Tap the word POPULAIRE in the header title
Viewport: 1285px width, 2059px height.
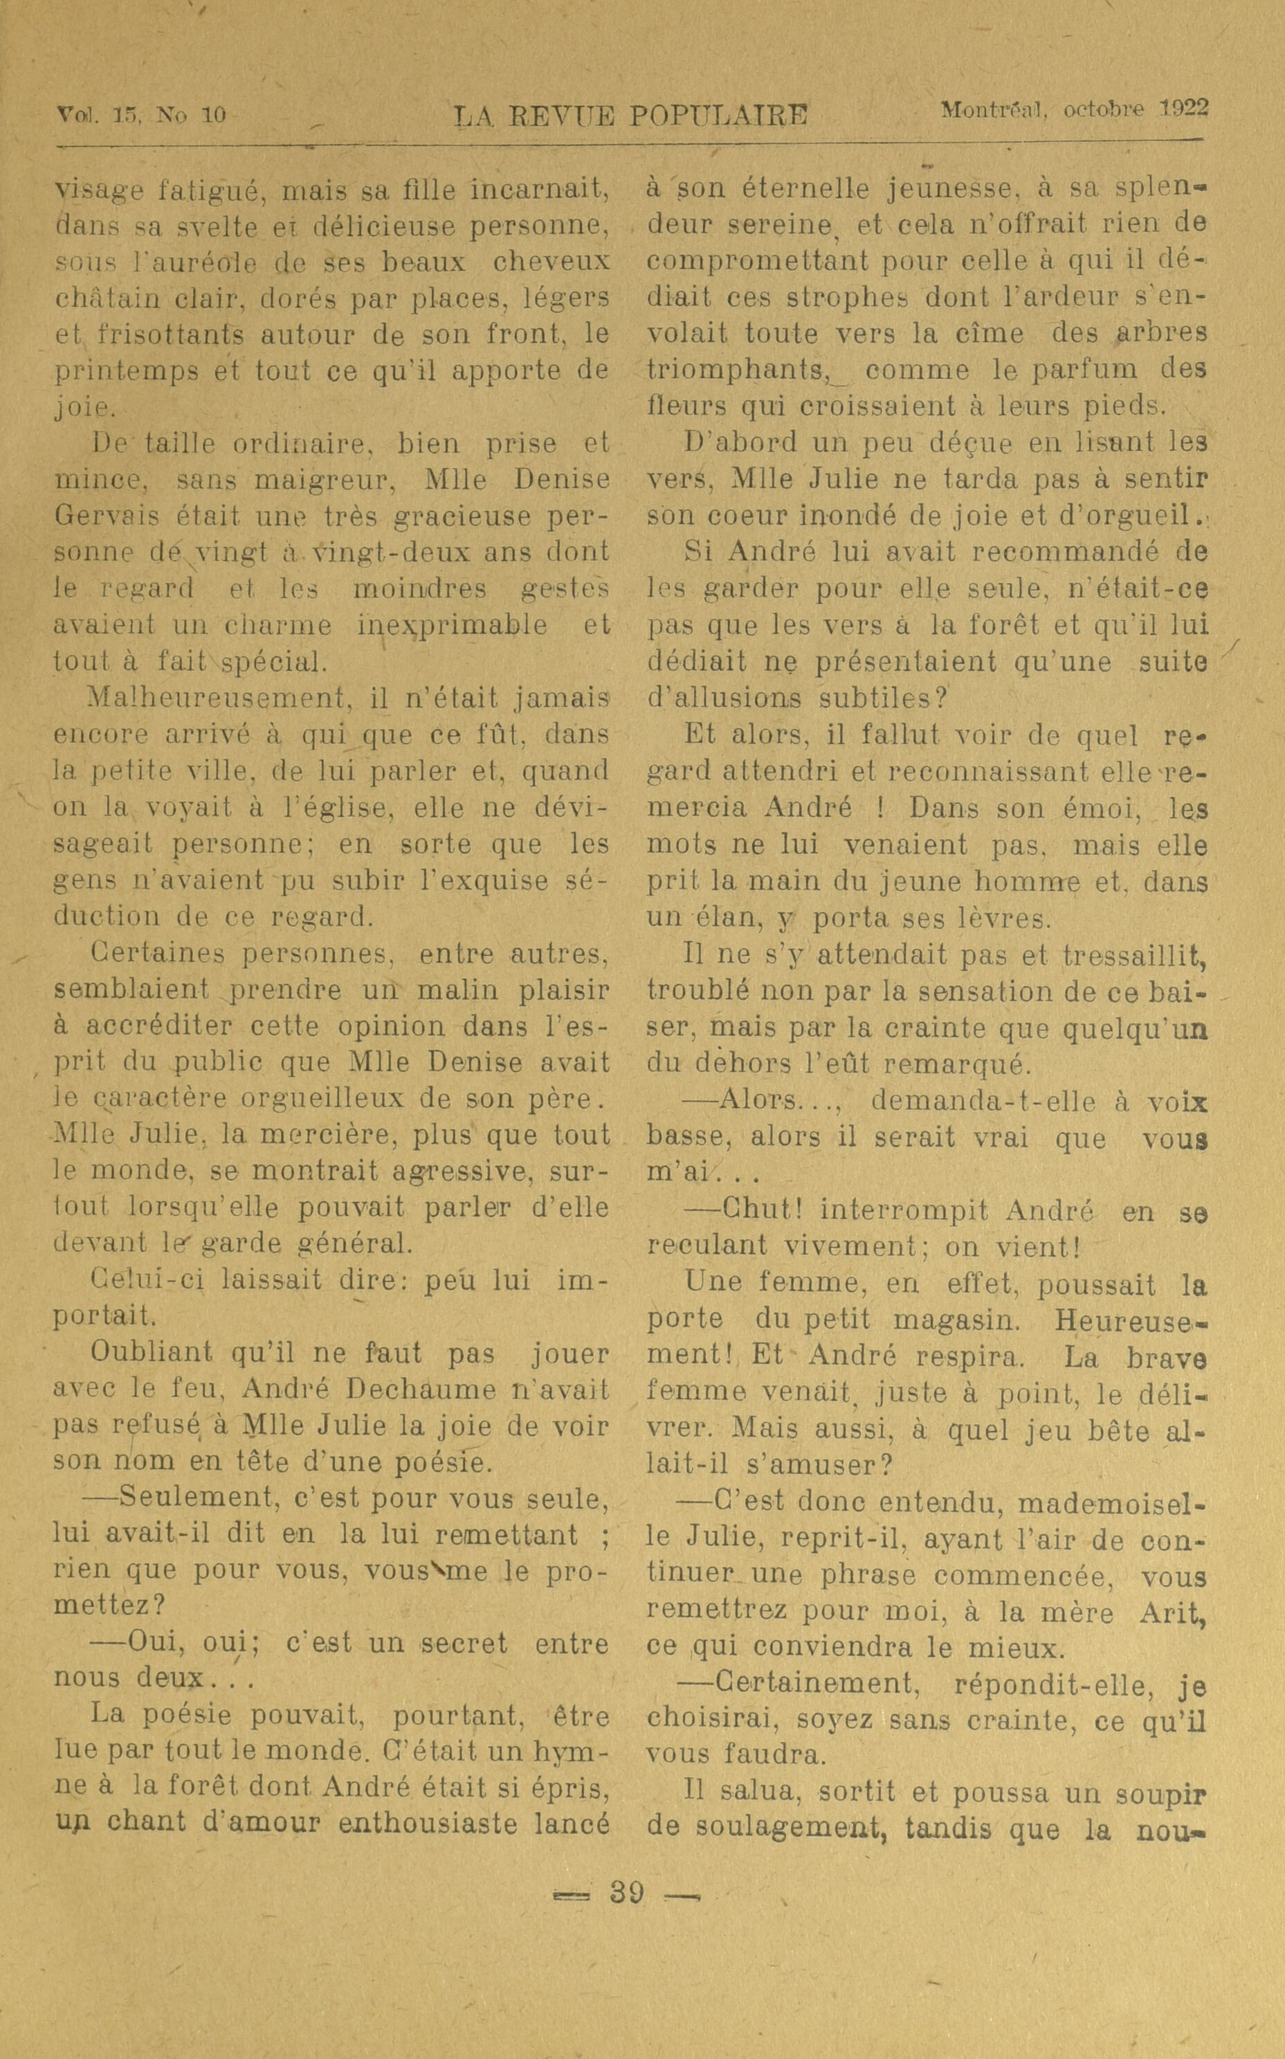(718, 115)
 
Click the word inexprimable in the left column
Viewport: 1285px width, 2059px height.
(452, 626)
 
